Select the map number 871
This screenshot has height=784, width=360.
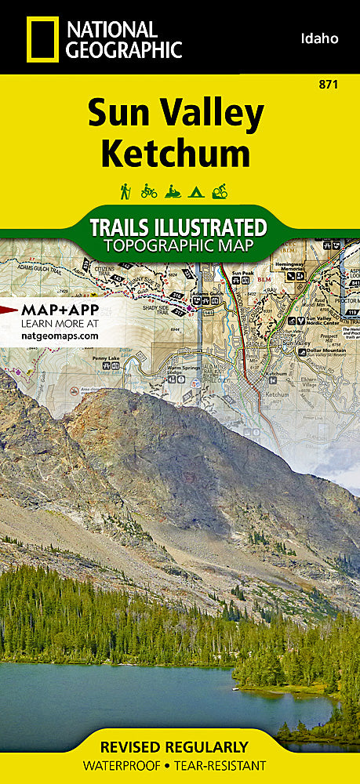(x=330, y=85)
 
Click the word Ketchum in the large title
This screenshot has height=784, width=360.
(x=175, y=152)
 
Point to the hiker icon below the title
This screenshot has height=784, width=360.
(x=125, y=191)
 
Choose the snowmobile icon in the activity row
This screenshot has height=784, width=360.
(x=173, y=191)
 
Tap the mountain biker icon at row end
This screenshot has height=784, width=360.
(x=220, y=191)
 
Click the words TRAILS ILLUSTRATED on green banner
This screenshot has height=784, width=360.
(x=177, y=228)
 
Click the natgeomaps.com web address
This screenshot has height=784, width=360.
(x=60, y=335)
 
